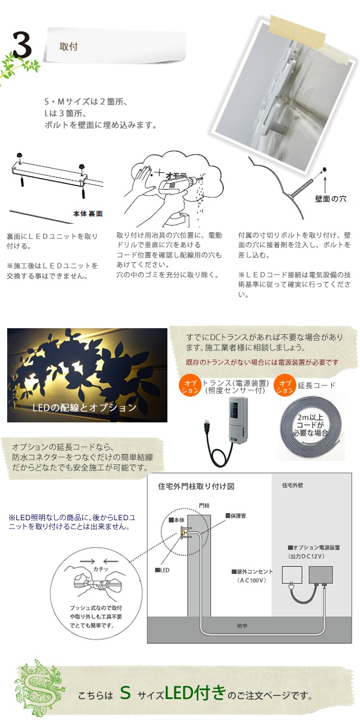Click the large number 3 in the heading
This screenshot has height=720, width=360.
tap(22, 45)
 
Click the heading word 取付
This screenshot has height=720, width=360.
tap(68, 47)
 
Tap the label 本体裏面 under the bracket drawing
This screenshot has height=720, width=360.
tap(88, 214)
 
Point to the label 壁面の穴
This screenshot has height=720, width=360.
tap(331, 199)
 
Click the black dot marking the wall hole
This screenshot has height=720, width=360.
tap(325, 169)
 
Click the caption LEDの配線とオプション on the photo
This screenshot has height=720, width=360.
tap(84, 407)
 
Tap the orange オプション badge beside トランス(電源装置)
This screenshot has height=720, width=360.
tap(190, 386)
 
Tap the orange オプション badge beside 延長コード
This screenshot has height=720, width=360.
tap(285, 386)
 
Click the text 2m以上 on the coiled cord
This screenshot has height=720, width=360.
tap(310, 417)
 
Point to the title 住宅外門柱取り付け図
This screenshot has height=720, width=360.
tap(196, 487)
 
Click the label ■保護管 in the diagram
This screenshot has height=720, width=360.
tap(236, 516)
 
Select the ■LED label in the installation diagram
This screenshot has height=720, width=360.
tap(163, 570)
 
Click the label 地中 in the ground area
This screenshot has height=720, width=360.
tap(242, 626)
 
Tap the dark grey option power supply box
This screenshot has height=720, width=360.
tap(321, 575)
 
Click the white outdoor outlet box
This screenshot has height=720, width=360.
tap(292, 575)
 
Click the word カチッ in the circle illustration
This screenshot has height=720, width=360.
tap(101, 569)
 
